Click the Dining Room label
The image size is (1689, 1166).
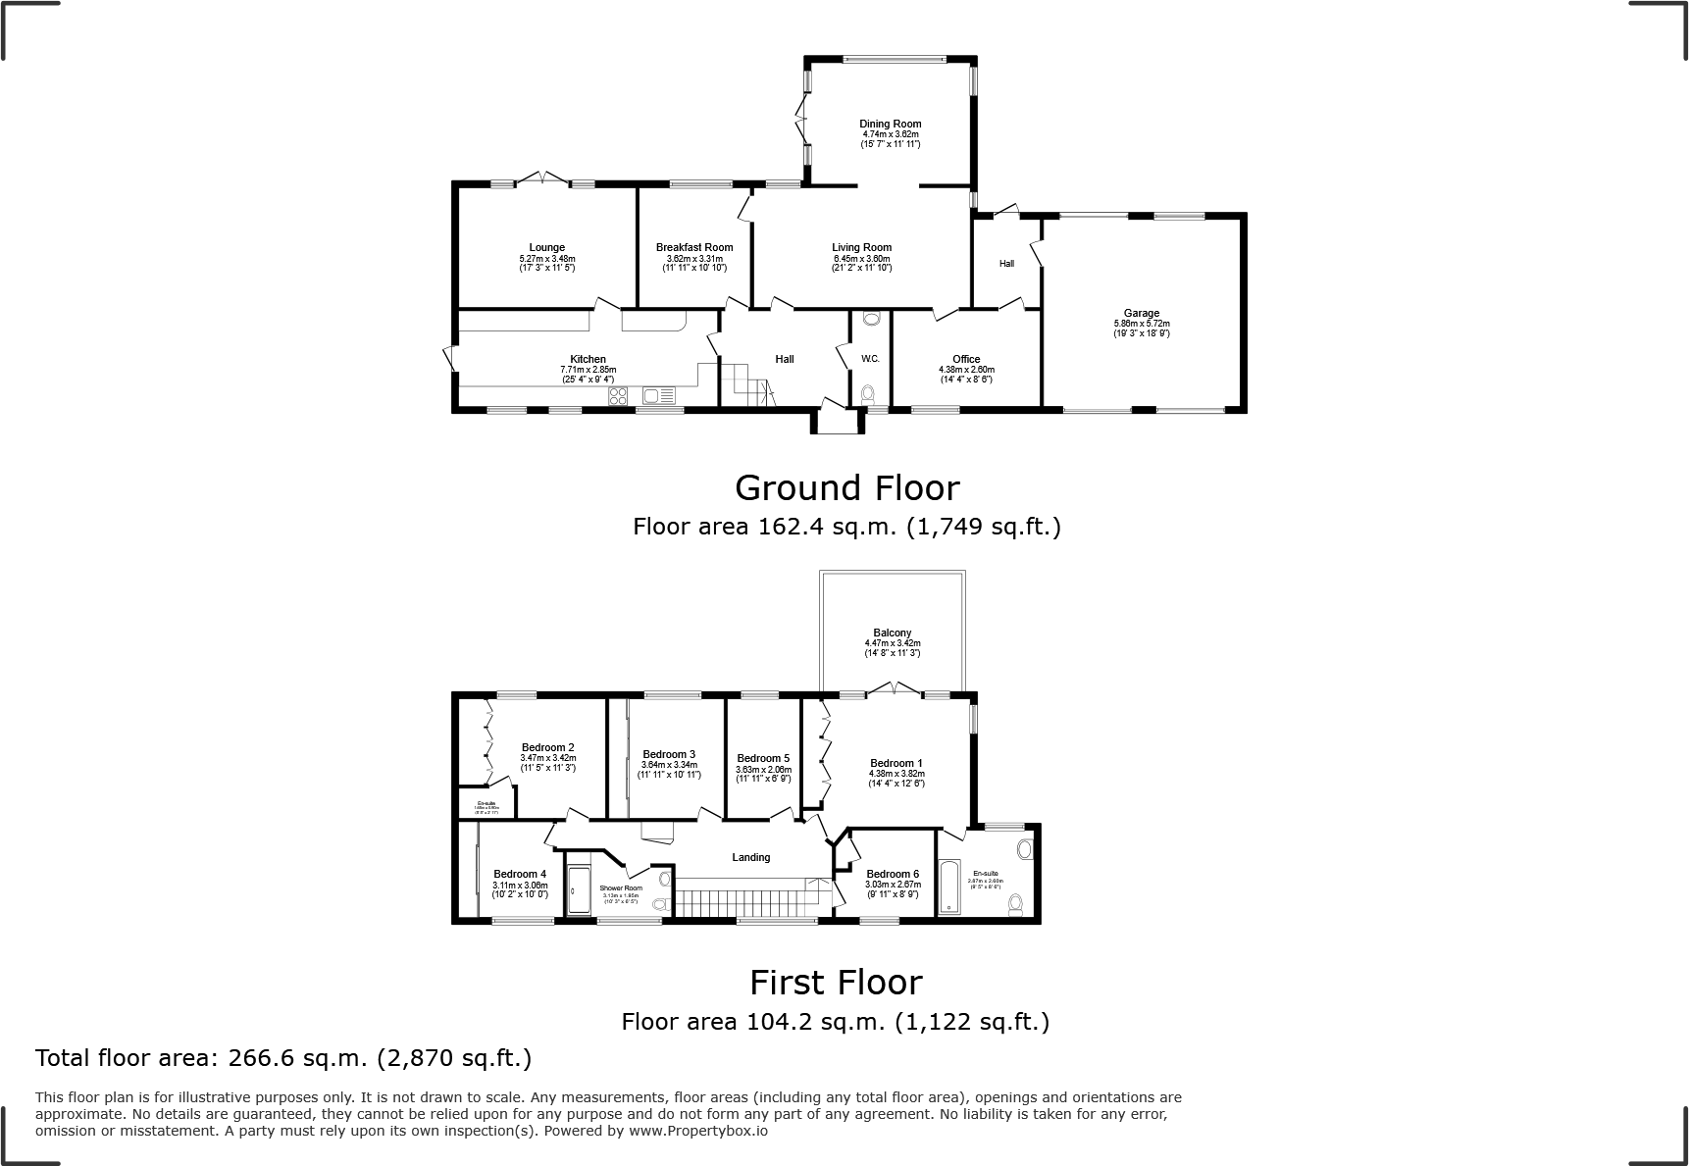[x=891, y=125]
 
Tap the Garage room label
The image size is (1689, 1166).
[x=1142, y=313]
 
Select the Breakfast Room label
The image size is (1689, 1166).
[x=694, y=247]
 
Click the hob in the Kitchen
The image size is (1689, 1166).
[x=619, y=396]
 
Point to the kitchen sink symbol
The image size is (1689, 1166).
[x=657, y=396]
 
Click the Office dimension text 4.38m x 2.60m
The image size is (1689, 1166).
[x=966, y=370]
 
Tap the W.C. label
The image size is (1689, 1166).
[x=870, y=359]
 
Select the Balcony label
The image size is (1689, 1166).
[x=893, y=633]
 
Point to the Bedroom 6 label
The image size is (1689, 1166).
[x=893, y=874]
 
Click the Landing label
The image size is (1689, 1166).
[x=751, y=857]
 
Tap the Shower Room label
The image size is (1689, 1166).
[x=621, y=887]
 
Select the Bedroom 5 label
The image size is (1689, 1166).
[x=763, y=758]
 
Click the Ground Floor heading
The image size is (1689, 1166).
[x=846, y=487]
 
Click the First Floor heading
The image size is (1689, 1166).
[x=836, y=982]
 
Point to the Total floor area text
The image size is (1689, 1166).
[x=283, y=1058]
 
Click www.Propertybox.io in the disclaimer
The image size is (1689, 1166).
[x=698, y=1131]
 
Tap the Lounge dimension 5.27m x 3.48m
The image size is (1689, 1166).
[x=546, y=258]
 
